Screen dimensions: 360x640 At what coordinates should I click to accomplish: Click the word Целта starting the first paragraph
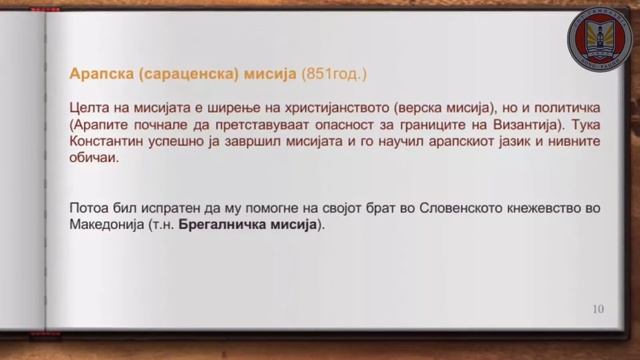(90, 106)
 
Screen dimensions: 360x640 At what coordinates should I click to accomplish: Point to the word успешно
(186, 142)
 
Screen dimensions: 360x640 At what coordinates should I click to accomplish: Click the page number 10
(598, 309)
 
